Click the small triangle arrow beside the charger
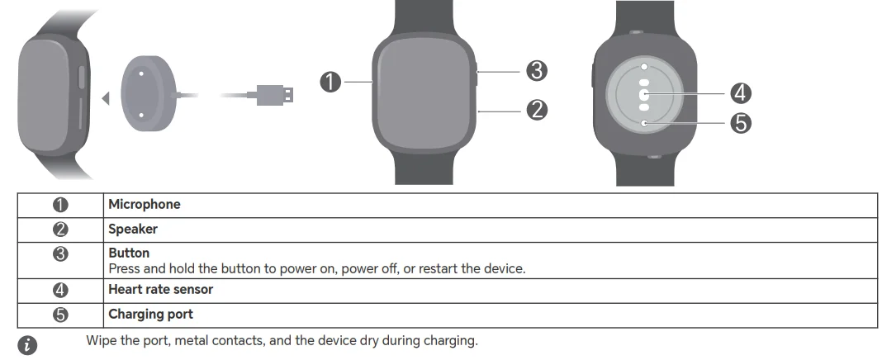tap(105, 99)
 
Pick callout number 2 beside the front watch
tap(538, 108)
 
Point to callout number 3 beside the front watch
tap(538, 71)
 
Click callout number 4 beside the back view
tap(741, 92)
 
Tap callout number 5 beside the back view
tap(741, 123)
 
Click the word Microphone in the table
tap(144, 204)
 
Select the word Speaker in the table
tap(132, 229)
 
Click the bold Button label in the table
tap(129, 253)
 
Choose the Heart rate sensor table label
tap(160, 290)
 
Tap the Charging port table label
tap(150, 315)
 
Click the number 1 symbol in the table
tap(60, 205)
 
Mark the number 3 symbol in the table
tap(60, 254)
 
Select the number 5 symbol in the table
tap(60, 315)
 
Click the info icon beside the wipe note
tap(29, 345)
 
